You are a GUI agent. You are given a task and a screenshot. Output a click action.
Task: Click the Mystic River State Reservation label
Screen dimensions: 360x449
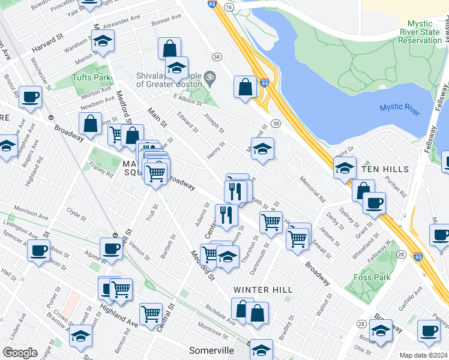pos(420,32)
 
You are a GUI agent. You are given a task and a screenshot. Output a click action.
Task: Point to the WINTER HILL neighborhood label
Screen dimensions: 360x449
pos(263,290)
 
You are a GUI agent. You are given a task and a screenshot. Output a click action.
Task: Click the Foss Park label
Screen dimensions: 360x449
pos(373,277)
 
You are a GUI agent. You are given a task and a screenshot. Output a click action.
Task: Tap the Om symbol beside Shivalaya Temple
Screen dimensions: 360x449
pos(209,77)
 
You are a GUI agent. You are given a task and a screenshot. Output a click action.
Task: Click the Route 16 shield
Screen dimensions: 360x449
pos(229,6)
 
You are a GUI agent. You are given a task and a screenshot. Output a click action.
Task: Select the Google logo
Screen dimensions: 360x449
pos(20,353)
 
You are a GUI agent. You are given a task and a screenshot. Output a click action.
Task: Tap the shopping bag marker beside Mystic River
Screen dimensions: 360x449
pos(246,88)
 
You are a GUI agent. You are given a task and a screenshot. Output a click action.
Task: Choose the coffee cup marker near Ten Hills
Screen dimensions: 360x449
pos(374,203)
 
